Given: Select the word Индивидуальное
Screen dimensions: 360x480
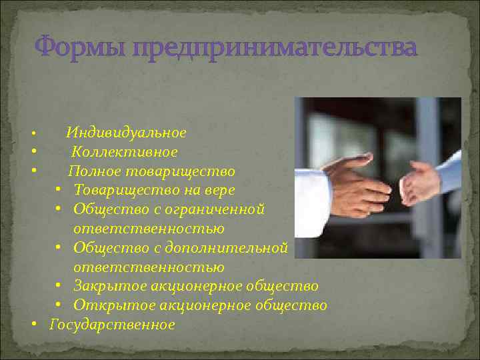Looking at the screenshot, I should (126, 133).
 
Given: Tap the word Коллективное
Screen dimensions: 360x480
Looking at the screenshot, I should (125, 152).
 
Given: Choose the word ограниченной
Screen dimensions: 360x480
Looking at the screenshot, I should (220, 209).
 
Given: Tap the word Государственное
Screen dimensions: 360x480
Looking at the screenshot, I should (112, 325).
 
